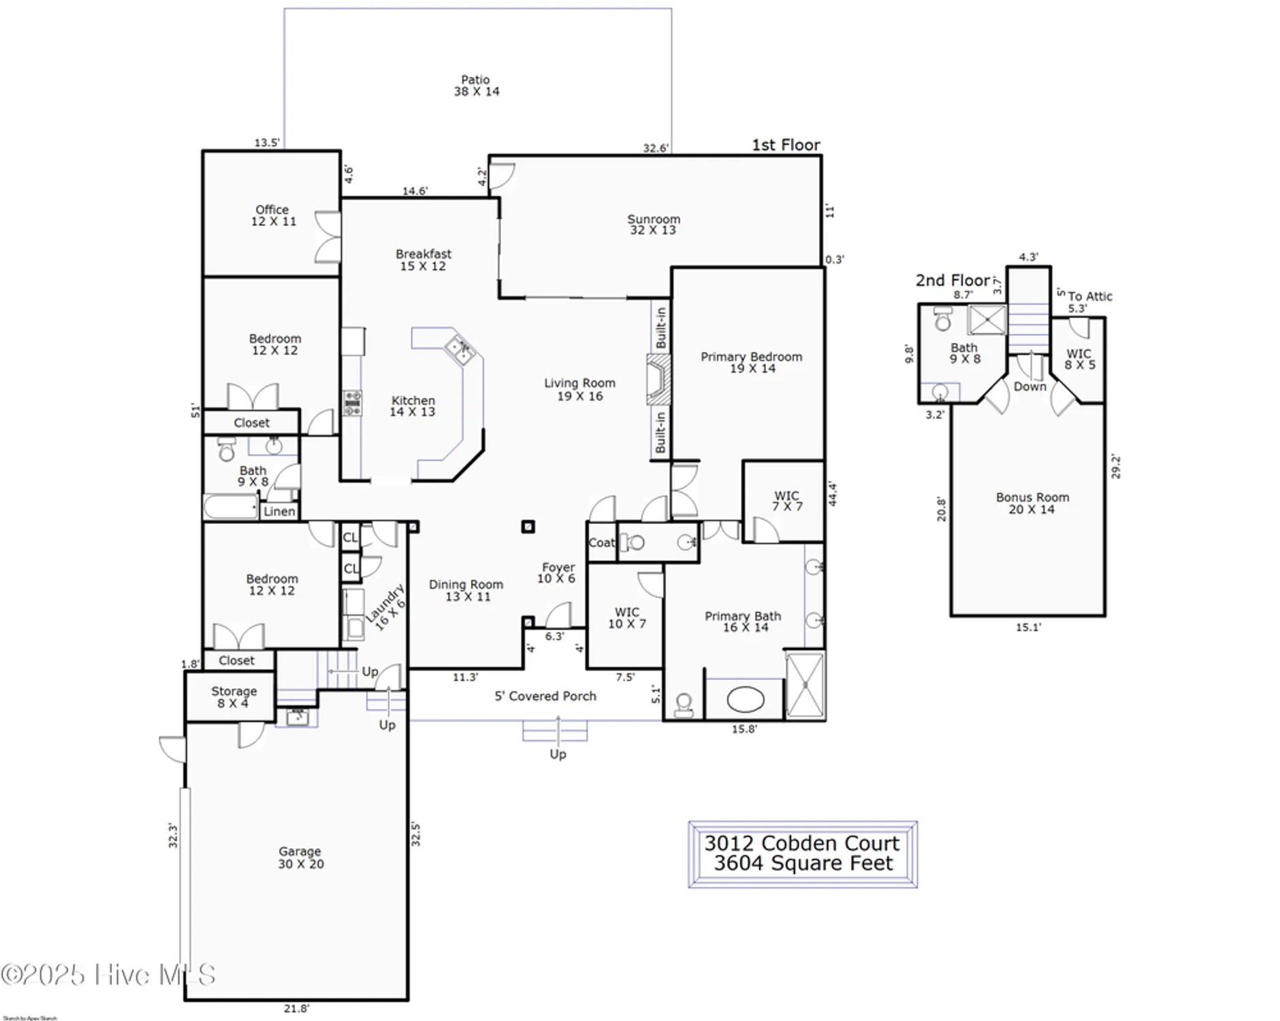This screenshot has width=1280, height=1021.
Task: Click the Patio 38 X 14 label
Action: click(476, 86)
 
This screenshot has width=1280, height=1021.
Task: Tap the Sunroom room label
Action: click(653, 225)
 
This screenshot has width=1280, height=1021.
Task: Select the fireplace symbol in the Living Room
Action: click(658, 380)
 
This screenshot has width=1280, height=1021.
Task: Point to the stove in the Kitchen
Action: click(352, 403)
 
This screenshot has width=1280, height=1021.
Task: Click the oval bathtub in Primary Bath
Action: click(746, 699)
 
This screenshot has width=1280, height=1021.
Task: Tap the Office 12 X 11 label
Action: click(273, 215)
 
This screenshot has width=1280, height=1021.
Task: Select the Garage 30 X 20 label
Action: click(300, 858)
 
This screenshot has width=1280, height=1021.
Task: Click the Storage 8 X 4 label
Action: click(234, 696)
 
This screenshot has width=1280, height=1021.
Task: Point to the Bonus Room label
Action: click(1032, 503)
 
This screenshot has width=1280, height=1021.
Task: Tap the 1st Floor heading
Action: click(786, 145)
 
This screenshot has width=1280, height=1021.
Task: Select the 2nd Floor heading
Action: click(952, 280)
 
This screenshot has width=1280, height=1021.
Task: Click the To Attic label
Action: click(1089, 296)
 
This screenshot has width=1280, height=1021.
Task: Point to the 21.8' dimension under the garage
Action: click(296, 1009)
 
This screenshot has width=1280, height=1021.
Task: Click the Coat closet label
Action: click(601, 542)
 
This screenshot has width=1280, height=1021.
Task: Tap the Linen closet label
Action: click(279, 512)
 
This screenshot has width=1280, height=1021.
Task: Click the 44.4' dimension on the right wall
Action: click(832, 494)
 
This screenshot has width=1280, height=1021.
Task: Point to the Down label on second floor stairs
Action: click(1029, 387)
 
